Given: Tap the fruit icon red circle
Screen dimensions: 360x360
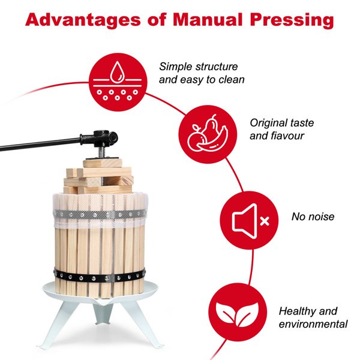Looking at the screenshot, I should click(x=205, y=133).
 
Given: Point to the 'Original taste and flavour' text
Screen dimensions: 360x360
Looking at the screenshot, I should click(x=281, y=129).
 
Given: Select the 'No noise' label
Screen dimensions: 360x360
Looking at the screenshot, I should click(x=313, y=217).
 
